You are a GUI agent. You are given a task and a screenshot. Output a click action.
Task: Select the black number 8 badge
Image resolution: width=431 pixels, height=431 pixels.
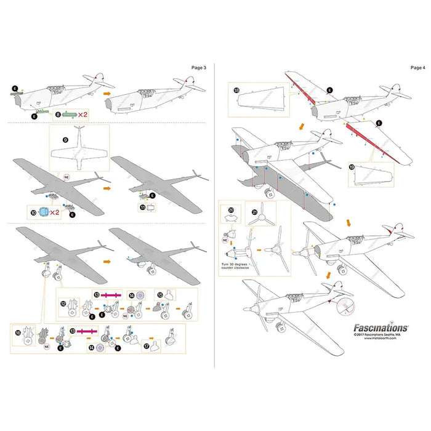click(58, 115)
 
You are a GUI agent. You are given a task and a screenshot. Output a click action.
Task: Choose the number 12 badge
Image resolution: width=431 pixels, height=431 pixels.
click(63, 303)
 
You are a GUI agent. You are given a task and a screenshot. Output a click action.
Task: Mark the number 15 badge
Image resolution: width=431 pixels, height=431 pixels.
click(160, 294)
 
